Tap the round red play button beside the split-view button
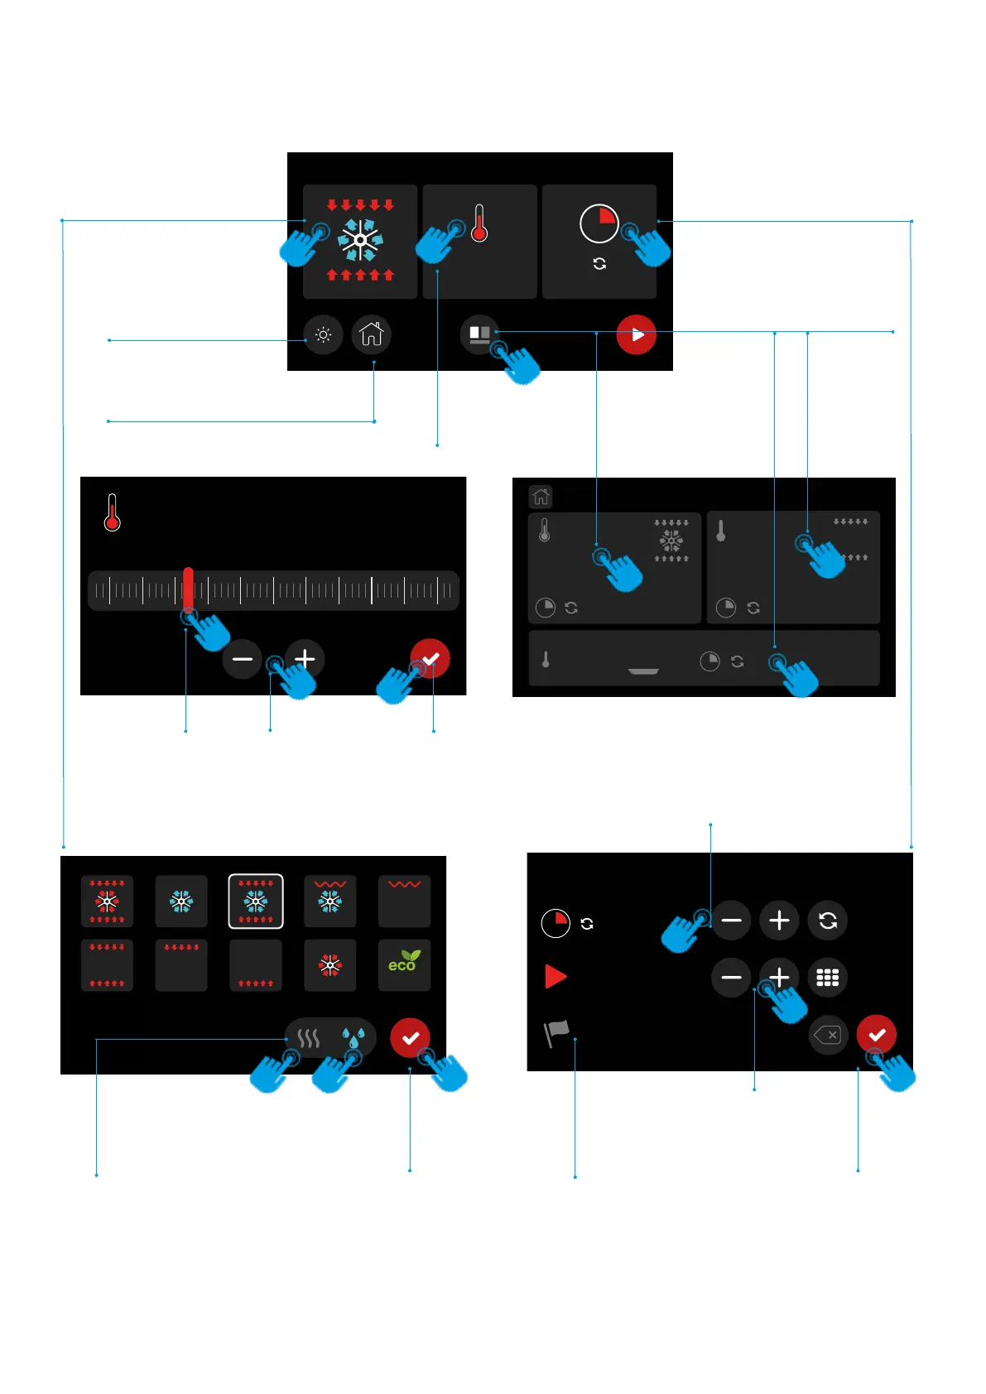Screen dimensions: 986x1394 point(636,335)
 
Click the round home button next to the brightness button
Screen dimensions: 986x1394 point(372,334)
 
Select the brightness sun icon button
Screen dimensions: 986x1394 point(323,335)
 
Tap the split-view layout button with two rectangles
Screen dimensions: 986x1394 point(479,334)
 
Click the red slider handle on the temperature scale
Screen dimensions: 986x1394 point(189,589)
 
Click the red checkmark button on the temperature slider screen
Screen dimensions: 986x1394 point(430,659)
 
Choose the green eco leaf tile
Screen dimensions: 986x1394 point(404,964)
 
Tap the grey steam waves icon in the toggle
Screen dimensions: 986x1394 point(309,1038)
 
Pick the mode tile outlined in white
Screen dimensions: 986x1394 point(256,901)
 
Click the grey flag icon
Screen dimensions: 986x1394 point(556,1032)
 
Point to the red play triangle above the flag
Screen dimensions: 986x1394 point(556,977)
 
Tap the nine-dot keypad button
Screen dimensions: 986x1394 point(828,978)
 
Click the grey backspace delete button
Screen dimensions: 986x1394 point(828,1035)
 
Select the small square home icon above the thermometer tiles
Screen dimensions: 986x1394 point(541,497)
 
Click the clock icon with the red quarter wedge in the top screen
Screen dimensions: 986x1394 point(599,224)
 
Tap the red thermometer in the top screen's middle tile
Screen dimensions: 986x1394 point(479,224)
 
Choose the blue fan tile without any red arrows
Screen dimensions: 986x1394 point(181,901)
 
